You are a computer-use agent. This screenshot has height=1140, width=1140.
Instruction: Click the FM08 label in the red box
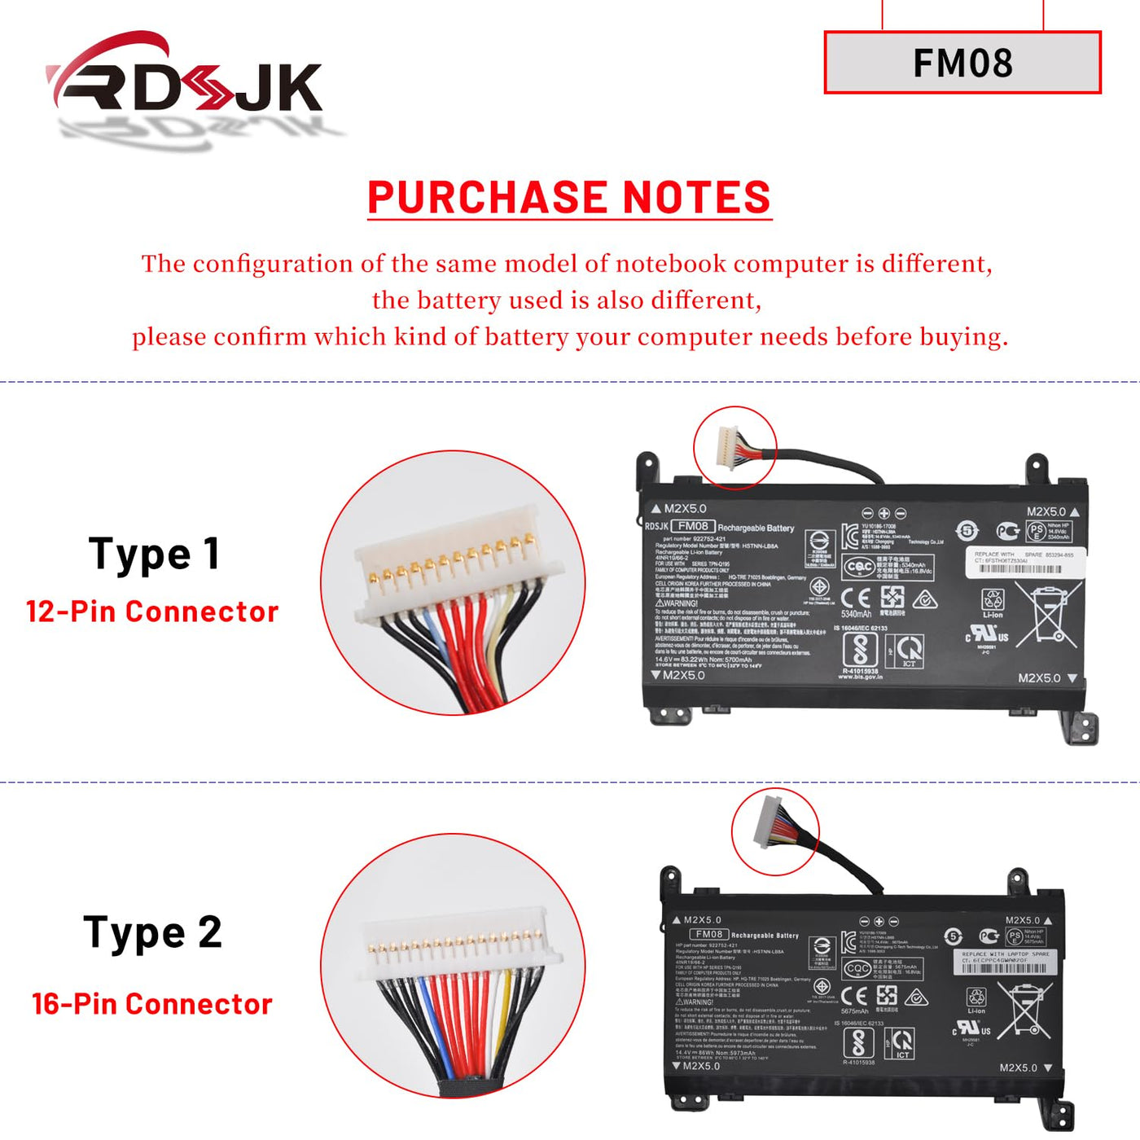click(962, 63)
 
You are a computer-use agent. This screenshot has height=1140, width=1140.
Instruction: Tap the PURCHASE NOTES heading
click(569, 198)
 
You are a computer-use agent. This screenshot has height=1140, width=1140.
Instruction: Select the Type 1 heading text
click(154, 555)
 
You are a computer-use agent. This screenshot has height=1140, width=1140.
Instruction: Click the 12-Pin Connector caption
click(152, 612)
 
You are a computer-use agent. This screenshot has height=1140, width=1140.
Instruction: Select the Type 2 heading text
click(152, 932)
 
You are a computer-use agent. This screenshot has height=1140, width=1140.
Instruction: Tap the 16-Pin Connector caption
click(152, 1004)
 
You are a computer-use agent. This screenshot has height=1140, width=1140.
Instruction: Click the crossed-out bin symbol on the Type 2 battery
click(1024, 1010)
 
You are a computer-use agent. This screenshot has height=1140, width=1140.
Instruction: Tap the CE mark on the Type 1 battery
click(855, 598)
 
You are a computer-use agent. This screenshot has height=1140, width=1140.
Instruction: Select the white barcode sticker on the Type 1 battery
click(1024, 562)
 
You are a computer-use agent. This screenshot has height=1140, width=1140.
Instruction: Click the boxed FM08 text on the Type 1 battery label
click(693, 526)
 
